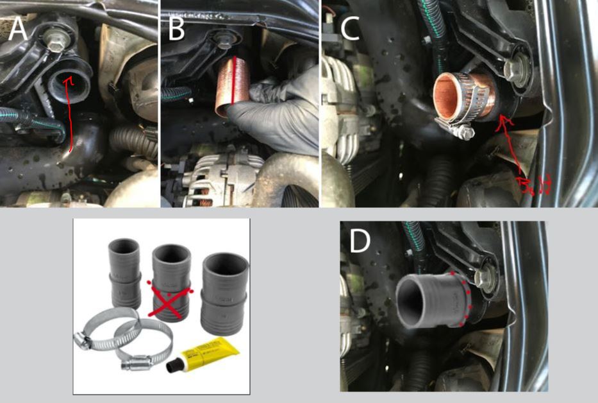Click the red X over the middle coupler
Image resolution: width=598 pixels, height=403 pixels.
click(170, 296)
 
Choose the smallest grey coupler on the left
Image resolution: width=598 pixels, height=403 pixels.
click(124, 273)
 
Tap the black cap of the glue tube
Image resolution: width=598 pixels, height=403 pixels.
click(174, 367)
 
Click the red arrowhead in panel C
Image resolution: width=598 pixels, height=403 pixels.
click(504, 119)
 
